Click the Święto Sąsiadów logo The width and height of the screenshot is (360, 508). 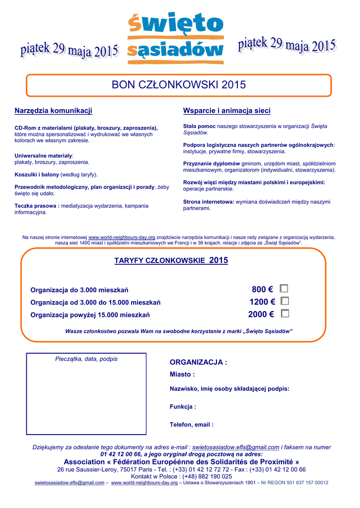[x=175, y=38]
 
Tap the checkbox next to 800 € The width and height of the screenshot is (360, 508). [x=284, y=289]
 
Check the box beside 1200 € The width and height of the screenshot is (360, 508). [x=285, y=301]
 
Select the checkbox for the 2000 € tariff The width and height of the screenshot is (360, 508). [x=285, y=314]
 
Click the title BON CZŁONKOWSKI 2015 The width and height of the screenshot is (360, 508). [x=179, y=85]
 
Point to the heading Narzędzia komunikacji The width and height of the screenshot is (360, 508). [x=54, y=110]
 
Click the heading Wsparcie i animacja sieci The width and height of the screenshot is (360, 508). [x=227, y=110]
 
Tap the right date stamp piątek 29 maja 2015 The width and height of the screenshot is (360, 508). [x=287, y=46]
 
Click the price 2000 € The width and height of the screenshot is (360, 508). [x=261, y=314]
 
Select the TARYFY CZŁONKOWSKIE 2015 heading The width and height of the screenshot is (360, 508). [x=171, y=260]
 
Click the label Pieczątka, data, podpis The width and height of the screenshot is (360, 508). [x=86, y=359]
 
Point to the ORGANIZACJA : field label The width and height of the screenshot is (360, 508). [x=199, y=363]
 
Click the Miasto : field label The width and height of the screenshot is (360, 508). [x=182, y=375]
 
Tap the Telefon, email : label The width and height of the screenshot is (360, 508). [x=192, y=425]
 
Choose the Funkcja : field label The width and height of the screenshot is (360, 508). [x=183, y=407]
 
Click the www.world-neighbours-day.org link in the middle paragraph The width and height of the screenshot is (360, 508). [x=122, y=238]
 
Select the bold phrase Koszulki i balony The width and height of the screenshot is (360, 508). [x=37, y=175]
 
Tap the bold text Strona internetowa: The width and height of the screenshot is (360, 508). [x=209, y=202]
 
